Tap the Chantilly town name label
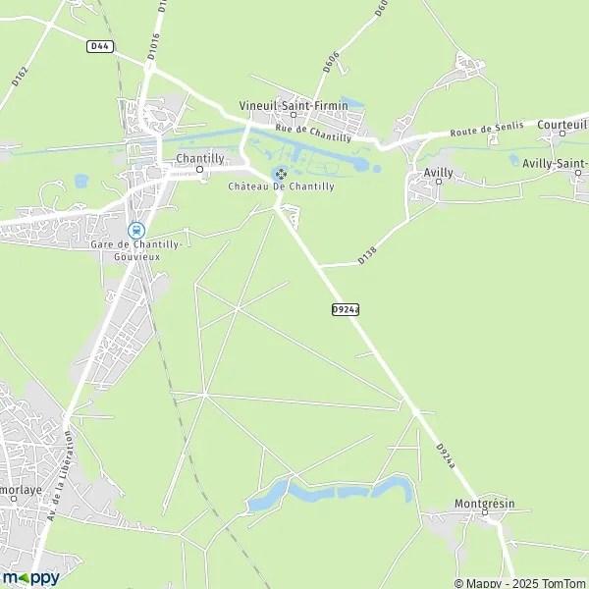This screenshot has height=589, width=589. click(199, 157)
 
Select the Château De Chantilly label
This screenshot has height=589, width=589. click(281, 187)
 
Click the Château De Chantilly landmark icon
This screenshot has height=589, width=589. click(280, 174)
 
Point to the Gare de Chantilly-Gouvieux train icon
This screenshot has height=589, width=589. click(135, 229)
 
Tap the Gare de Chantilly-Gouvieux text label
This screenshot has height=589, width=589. click(135, 249)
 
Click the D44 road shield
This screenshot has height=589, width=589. click(98, 45)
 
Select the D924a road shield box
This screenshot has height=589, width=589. click(346, 309)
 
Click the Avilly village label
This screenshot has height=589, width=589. click(438, 172)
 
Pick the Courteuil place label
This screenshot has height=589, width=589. click(562, 125)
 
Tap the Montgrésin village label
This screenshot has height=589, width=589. click(484, 504)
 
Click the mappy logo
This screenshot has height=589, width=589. click(30, 577)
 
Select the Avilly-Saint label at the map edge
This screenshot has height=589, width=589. click(555, 163)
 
